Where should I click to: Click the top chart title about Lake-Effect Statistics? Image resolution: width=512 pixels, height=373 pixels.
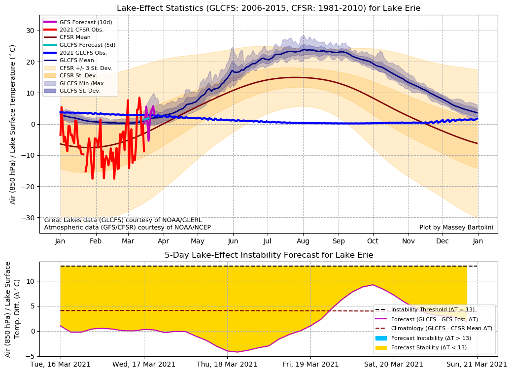269,8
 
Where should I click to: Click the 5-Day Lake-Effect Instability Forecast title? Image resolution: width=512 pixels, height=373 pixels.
269,255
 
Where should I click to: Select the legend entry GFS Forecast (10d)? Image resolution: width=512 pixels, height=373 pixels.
84,22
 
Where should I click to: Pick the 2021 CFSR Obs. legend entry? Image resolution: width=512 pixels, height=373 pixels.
81,30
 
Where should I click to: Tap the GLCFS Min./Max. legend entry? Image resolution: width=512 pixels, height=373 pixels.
82,83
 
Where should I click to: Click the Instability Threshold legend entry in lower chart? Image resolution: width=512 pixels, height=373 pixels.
433,310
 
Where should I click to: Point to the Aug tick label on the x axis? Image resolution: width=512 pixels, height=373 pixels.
303,242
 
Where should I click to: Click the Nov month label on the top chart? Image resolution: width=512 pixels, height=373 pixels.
409,242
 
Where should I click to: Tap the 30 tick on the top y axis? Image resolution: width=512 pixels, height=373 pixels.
30,31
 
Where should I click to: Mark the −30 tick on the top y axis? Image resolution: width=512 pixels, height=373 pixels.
28,218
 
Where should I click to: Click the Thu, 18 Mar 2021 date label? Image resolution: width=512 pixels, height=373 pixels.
227,365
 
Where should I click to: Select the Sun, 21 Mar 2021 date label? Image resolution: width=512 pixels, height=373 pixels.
477,365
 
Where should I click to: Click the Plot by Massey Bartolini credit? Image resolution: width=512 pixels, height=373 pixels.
456,227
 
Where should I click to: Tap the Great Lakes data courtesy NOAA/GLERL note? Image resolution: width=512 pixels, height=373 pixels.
109,220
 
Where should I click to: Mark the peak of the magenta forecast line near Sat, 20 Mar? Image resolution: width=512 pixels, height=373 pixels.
373,285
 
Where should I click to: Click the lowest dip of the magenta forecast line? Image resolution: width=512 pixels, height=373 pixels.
238,352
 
